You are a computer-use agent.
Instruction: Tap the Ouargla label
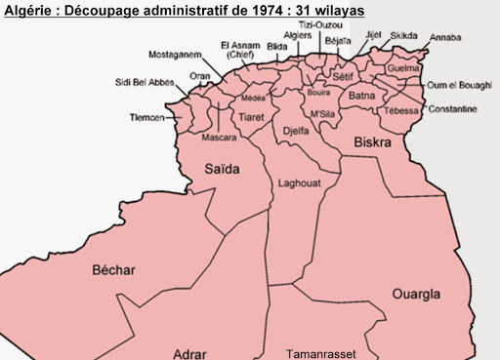(416, 294)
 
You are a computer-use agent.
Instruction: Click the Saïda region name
(221, 169)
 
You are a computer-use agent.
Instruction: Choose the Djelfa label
(295, 130)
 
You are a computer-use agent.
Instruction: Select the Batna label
(362, 96)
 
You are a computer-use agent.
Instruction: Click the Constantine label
(452, 108)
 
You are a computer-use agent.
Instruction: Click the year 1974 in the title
(268, 8)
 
